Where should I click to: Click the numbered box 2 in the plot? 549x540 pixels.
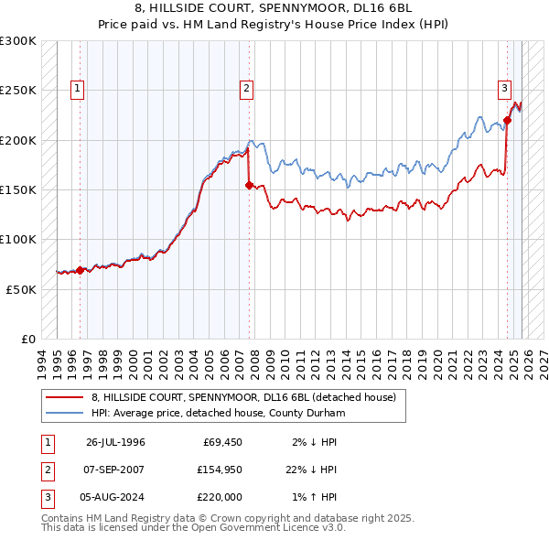point(246,89)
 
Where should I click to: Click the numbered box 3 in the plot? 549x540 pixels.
point(504,89)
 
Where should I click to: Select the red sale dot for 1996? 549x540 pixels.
point(80,270)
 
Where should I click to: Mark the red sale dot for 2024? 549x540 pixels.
point(507,120)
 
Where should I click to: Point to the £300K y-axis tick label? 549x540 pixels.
point(18,41)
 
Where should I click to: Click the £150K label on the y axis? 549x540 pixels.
point(18,189)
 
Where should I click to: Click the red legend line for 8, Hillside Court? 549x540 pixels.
point(64,397)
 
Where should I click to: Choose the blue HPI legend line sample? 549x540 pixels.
point(64,413)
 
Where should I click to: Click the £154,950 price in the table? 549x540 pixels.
point(219,469)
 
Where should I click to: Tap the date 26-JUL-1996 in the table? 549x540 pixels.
point(115,442)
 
